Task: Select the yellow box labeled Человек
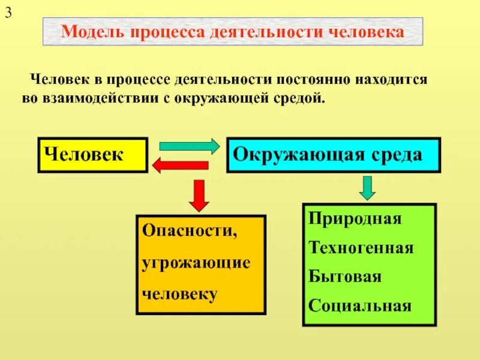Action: coord(92,155)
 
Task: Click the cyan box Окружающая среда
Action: coord(333,155)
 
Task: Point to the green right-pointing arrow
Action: coord(189,146)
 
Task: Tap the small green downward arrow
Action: coord(367,188)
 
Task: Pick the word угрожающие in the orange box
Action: coord(196,263)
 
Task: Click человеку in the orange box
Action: coord(180,294)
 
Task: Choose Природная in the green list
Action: coord(355,218)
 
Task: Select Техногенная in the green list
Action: coord(361,247)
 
